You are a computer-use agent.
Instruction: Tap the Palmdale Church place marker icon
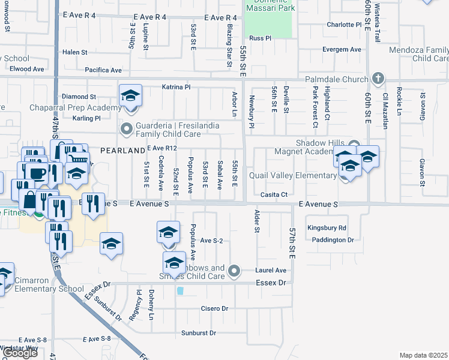coord(378,78)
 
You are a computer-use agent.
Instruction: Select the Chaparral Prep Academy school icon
coord(130,96)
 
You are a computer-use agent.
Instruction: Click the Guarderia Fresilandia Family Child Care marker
coord(127,128)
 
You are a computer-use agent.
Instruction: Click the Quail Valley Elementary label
coord(294,175)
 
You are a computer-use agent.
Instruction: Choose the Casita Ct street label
coord(274,194)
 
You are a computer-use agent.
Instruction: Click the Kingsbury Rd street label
coord(327,228)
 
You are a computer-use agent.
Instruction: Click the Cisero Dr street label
coord(215,308)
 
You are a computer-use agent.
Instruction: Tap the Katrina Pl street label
coord(176,87)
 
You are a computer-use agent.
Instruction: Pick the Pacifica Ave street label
coord(103,70)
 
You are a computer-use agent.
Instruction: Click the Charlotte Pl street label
coord(345,25)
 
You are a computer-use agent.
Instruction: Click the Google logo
coord(19,353)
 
